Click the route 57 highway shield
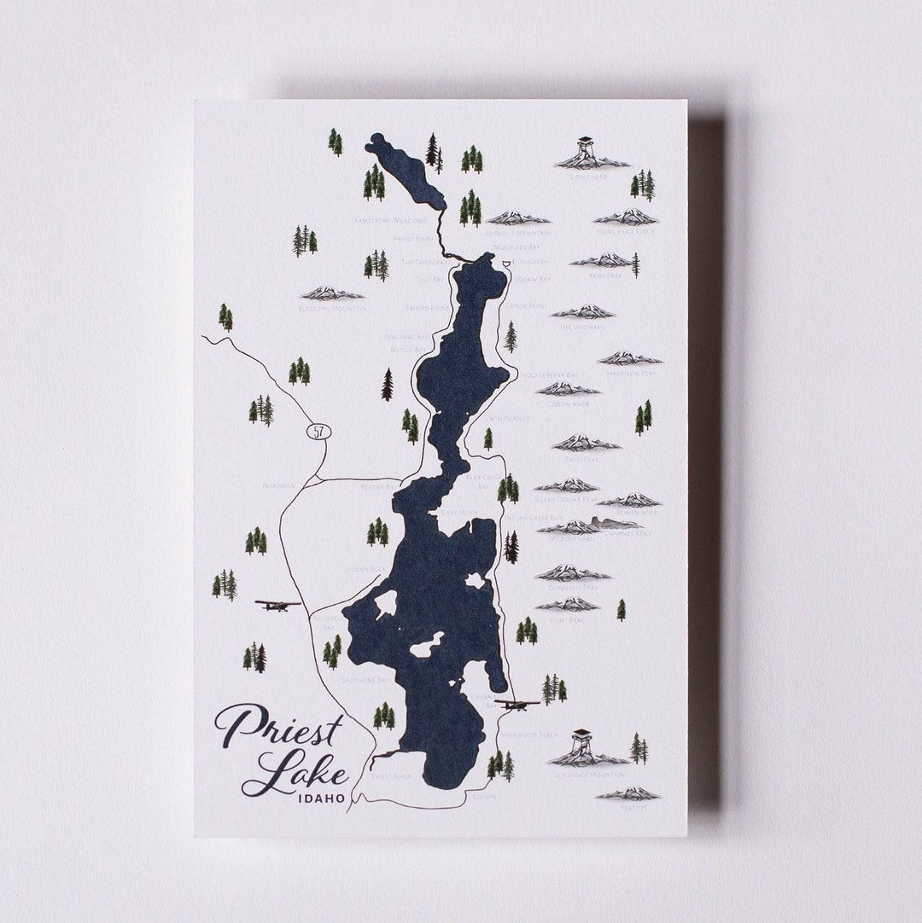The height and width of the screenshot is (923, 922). click(x=318, y=432)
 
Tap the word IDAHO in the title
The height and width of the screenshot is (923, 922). click(x=322, y=798)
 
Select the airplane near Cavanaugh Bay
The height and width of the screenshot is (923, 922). click(x=517, y=705)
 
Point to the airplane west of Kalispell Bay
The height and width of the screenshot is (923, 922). click(x=277, y=605)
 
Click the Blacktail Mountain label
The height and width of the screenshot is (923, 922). click(x=332, y=308)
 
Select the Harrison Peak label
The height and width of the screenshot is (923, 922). click(x=630, y=374)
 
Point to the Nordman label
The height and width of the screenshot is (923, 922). click(x=280, y=485)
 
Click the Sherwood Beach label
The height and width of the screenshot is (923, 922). click(x=529, y=734)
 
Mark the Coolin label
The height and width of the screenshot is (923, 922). click(x=483, y=797)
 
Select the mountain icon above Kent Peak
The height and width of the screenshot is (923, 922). click(x=603, y=260)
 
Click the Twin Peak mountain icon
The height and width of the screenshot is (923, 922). click(x=585, y=443)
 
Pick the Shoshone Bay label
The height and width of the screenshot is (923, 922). click(x=365, y=680)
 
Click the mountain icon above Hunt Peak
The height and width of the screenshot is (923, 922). click(x=569, y=604)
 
